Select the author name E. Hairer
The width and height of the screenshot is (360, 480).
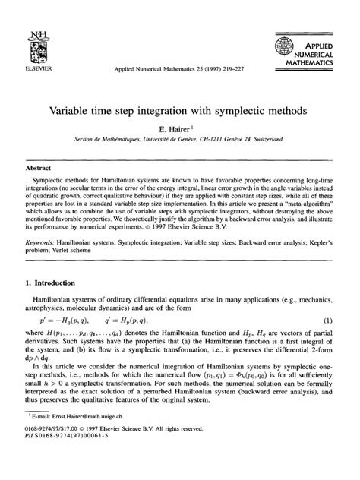pos(178,131)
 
